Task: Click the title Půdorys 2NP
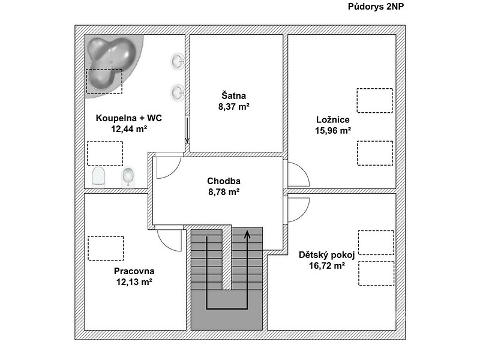click(376, 7)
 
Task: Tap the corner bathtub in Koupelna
click(112, 64)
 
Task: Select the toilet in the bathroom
click(98, 177)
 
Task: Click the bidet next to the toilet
click(128, 177)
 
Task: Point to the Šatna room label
click(233, 95)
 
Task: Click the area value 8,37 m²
click(233, 107)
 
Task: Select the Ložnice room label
click(333, 119)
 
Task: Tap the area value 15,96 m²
click(333, 130)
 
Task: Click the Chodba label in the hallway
click(224, 181)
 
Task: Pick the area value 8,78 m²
click(224, 191)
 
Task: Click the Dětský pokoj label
click(326, 255)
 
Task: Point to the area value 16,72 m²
click(326, 265)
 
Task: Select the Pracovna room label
click(134, 271)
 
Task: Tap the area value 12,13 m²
click(134, 281)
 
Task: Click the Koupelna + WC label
click(128, 118)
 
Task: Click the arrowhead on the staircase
click(247, 235)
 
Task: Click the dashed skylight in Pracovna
click(106, 248)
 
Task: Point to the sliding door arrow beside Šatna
click(187, 130)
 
